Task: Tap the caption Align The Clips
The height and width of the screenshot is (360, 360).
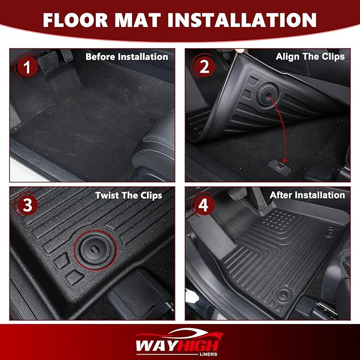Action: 310,57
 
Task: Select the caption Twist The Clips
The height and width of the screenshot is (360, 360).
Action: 128,195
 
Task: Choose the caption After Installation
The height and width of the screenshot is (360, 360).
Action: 307,195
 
